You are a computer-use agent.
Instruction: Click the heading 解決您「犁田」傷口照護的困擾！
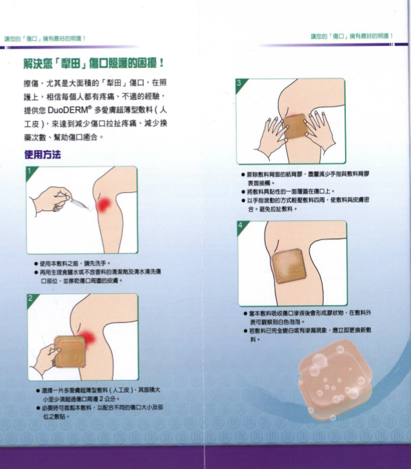click(93, 63)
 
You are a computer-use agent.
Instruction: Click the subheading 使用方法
click(42, 154)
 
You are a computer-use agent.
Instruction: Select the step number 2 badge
click(29, 298)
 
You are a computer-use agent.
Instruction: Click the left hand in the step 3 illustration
click(270, 134)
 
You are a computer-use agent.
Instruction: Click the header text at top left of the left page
click(44, 38)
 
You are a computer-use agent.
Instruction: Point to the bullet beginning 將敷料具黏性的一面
click(289, 191)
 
